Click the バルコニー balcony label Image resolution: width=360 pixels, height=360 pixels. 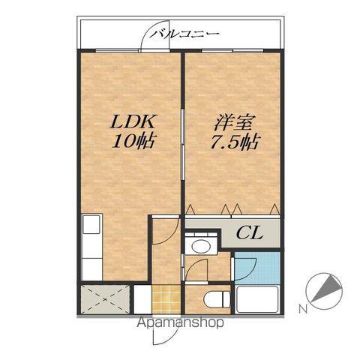click(x=184, y=33)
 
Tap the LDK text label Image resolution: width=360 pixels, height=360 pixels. click(x=133, y=121)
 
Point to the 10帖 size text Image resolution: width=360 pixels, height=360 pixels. click(x=134, y=141)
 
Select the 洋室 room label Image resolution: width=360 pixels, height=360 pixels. click(x=233, y=121)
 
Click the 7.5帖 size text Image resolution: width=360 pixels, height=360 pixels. click(x=233, y=142)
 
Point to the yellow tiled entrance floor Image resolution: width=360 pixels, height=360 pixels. click(x=166, y=299)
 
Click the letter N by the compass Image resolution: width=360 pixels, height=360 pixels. click(x=302, y=308)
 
